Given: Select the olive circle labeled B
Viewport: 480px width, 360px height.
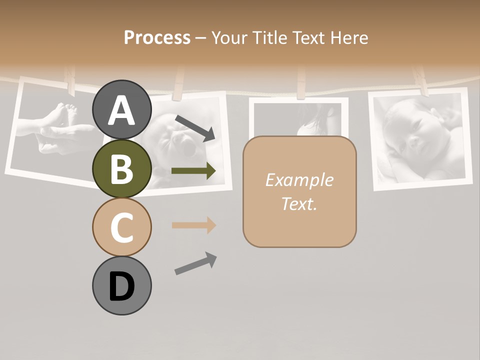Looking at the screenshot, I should tap(121, 168).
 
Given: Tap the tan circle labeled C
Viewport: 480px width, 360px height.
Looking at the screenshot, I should tap(121, 227).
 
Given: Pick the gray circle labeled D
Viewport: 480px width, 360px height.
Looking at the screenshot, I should tap(121, 285).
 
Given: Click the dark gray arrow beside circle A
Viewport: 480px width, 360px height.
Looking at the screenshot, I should tap(195, 128).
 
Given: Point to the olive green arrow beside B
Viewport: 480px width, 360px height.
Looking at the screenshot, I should tap(193, 171).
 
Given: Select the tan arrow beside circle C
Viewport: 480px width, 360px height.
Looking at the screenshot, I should tap(193, 225).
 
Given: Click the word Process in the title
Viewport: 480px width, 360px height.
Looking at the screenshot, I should tap(157, 37).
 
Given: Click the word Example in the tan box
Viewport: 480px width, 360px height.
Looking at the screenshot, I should tap(299, 180).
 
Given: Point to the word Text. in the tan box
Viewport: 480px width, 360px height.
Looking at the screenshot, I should tap(299, 203).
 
